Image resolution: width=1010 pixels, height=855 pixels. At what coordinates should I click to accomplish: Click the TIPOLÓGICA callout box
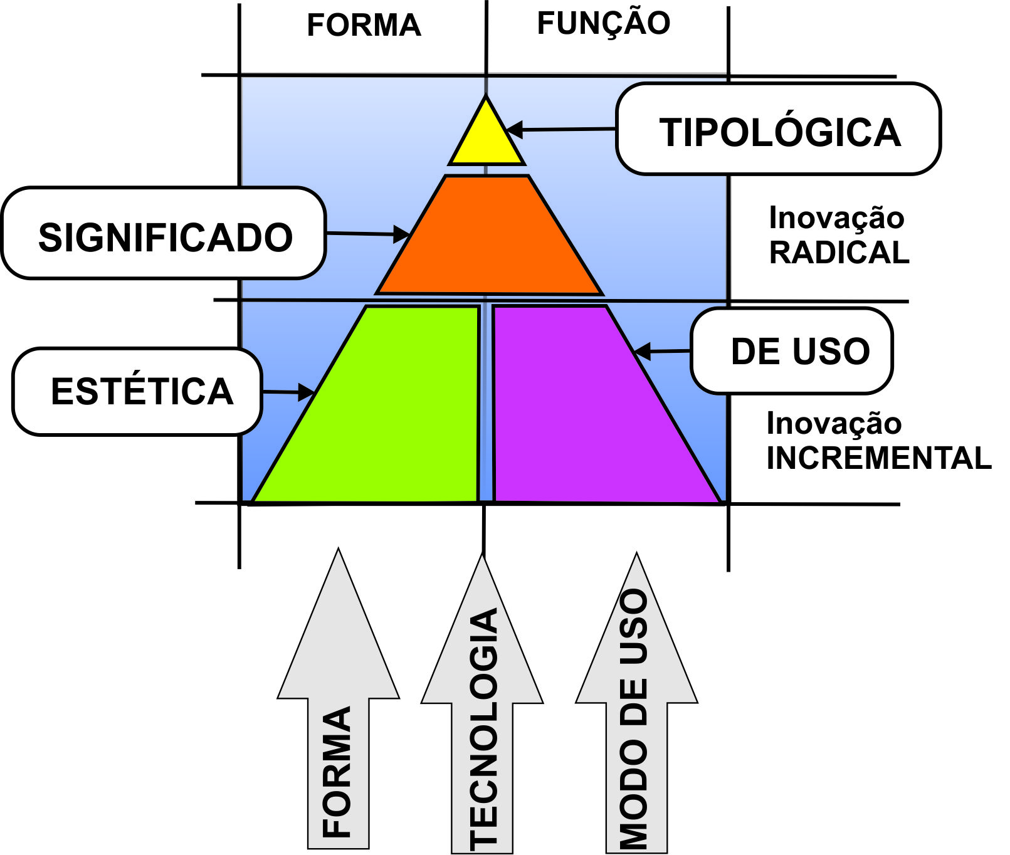click(778, 130)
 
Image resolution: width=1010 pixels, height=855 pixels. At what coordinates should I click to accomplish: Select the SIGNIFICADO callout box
click(164, 234)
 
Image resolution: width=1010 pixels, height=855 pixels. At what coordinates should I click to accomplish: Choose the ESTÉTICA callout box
click(138, 391)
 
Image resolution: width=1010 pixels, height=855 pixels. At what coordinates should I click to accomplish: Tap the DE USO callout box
click(792, 351)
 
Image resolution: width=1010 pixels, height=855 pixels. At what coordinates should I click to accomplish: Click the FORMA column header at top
click(364, 26)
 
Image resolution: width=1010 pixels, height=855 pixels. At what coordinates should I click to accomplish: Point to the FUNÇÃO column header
click(604, 24)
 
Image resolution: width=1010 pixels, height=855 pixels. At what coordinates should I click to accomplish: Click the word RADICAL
click(839, 253)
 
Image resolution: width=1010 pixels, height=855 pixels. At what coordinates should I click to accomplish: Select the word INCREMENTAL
click(878, 458)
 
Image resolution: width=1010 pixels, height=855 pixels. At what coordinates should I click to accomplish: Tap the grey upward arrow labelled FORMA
click(339, 702)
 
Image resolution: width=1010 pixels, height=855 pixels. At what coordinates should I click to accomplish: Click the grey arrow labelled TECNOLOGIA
click(482, 708)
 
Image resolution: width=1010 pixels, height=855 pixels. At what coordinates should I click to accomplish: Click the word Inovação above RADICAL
click(836, 218)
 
